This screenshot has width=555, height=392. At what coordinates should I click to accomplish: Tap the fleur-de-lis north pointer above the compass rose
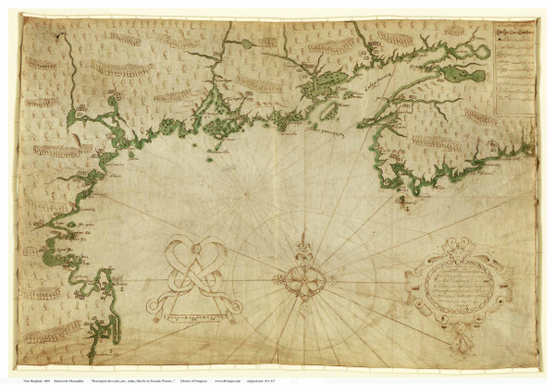pyautogui.click(x=302, y=250)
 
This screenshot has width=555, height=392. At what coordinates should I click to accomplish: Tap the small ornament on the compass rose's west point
pyautogui.click(x=280, y=277)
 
